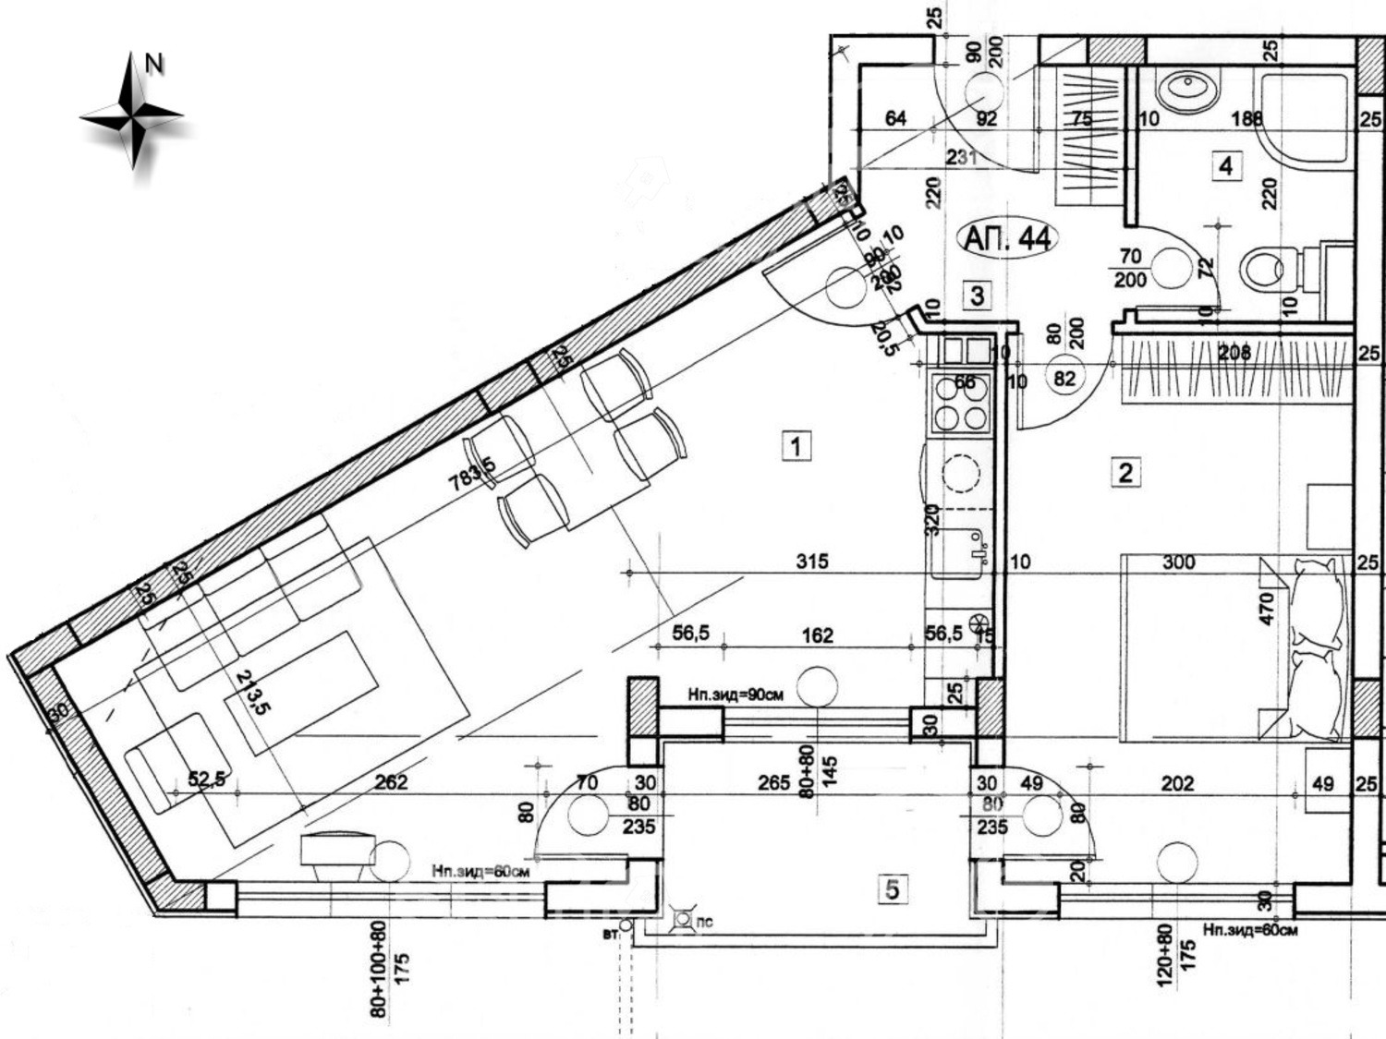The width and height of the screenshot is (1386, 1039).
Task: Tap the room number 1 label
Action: [796, 446]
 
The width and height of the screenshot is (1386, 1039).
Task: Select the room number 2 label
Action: [1125, 473]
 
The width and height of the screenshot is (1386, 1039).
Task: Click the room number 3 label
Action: [977, 296]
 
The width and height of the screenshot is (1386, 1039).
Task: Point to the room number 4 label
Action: [1225, 166]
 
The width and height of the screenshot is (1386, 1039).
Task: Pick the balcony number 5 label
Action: [892, 889]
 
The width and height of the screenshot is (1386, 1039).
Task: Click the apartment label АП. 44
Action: [1006, 238]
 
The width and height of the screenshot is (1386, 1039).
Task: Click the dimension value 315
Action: [812, 561]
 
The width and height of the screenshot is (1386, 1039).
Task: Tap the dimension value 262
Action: [391, 782]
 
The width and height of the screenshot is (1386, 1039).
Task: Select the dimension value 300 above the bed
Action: [1178, 562]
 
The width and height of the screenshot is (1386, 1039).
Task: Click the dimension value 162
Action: [817, 635]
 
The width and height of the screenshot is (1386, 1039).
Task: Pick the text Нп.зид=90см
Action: [735, 695]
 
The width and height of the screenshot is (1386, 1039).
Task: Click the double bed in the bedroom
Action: [1229, 646]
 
